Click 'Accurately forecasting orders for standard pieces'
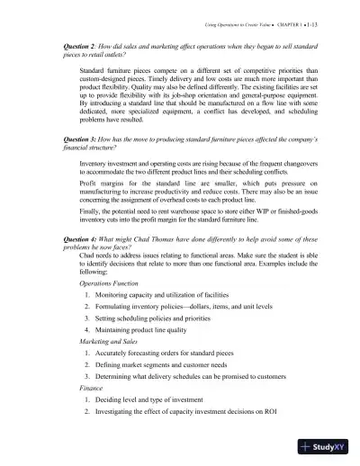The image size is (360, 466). [x=175, y=379]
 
